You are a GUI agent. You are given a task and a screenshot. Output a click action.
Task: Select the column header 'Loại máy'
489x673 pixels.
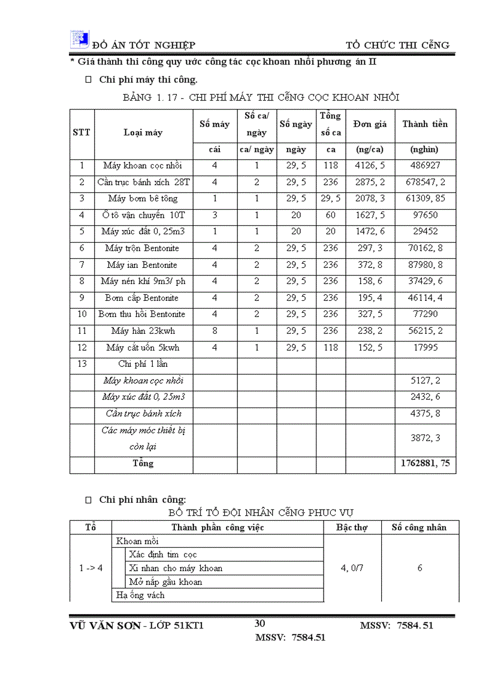(x=143, y=132)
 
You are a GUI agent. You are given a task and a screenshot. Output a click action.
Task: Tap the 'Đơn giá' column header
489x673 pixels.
(x=370, y=124)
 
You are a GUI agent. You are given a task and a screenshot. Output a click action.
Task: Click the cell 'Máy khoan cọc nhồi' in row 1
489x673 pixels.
(x=143, y=165)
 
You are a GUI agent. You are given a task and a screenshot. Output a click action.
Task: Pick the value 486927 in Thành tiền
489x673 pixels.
(x=425, y=165)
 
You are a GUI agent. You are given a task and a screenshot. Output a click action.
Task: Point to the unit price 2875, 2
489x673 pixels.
(x=370, y=182)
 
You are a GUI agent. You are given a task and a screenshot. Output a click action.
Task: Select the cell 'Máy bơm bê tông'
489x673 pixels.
(x=143, y=198)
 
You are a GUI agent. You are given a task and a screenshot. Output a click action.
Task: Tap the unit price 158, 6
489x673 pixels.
(x=370, y=281)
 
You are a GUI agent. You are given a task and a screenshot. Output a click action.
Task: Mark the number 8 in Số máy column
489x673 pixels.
(x=215, y=331)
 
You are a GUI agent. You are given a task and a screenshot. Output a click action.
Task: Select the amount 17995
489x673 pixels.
(x=425, y=348)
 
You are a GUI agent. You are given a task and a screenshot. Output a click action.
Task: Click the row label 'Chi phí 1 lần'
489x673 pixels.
(x=143, y=364)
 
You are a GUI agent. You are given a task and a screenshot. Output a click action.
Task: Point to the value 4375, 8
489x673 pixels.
(x=425, y=414)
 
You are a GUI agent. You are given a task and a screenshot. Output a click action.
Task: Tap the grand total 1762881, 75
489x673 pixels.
(x=425, y=463)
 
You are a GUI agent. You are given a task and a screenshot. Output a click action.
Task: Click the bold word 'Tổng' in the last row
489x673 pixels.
(x=143, y=463)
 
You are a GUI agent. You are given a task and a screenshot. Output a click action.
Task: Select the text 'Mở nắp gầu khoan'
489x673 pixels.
(x=166, y=582)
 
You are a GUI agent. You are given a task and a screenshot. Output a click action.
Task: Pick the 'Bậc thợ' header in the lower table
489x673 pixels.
(x=352, y=527)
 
